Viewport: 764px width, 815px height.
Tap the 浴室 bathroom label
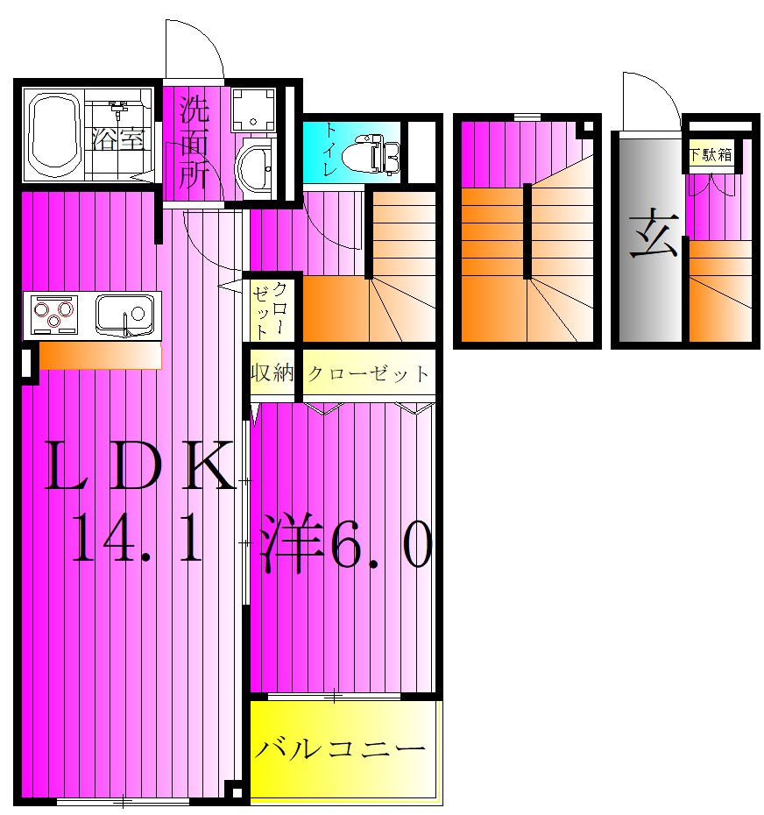(x=118, y=139)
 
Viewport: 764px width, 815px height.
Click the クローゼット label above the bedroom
(x=368, y=375)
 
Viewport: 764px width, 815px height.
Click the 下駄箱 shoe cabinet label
(x=711, y=156)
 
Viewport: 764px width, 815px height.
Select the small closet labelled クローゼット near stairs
(x=270, y=309)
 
